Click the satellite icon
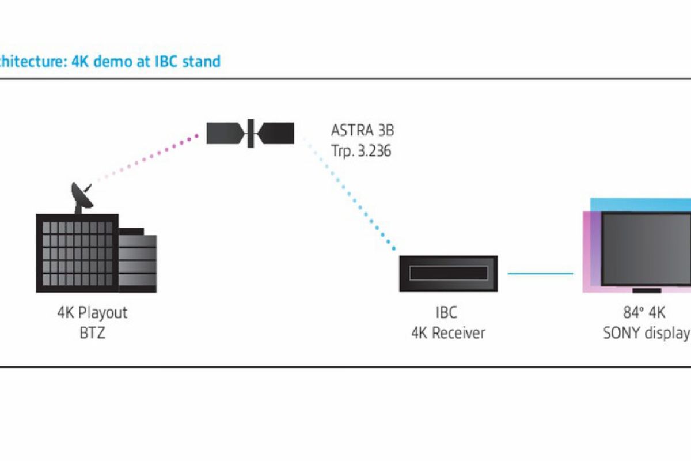click(250, 133)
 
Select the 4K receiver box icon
click(448, 273)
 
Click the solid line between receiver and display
click(540, 273)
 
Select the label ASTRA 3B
click(362, 130)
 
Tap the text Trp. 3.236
click(361, 150)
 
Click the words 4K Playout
click(92, 313)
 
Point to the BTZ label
click(92, 333)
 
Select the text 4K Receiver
click(448, 333)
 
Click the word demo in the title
click(112, 61)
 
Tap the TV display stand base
click(646, 290)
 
